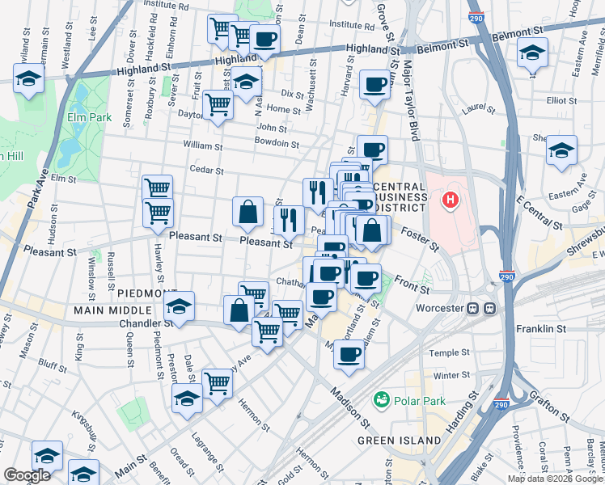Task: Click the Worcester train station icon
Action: [x=490, y=309]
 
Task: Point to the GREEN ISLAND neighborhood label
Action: [x=400, y=441]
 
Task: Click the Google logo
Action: [x=27, y=475]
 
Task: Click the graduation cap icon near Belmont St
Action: [x=531, y=53]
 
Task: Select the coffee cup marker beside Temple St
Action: [x=349, y=353]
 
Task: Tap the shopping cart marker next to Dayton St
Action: [x=218, y=103]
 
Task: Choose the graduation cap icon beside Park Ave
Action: [x=28, y=79]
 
